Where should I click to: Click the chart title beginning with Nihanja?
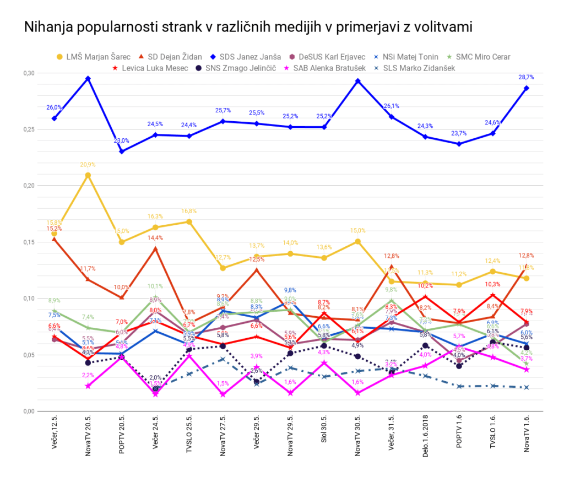[x=248, y=28]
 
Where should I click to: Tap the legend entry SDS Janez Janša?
[x=250, y=57]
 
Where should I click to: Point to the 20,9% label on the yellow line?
[x=88, y=165]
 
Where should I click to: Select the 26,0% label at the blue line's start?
[x=54, y=107]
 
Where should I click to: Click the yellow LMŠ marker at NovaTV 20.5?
[x=88, y=175]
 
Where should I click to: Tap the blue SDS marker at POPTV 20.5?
[x=122, y=151]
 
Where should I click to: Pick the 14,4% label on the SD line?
[x=155, y=238]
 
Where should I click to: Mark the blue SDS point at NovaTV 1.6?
[x=527, y=88]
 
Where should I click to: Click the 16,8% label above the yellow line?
[x=189, y=211]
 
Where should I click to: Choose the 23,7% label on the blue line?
[x=459, y=133]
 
